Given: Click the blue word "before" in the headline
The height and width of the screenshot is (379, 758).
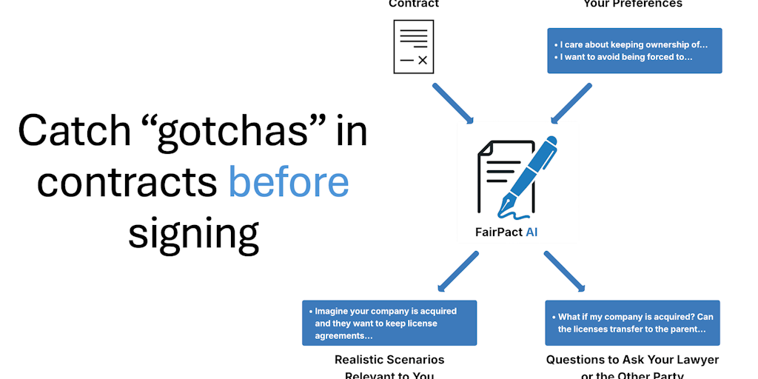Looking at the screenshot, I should (x=288, y=182).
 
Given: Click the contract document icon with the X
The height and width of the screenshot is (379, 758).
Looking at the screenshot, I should (x=414, y=47).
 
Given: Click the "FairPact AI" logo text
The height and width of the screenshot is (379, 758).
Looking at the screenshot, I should (x=506, y=232).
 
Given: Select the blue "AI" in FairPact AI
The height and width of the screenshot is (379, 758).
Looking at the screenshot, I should (x=531, y=232).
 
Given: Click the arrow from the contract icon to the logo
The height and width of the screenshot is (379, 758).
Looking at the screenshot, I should (x=452, y=103).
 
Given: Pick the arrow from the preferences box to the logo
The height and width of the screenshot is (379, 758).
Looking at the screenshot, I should (x=571, y=103).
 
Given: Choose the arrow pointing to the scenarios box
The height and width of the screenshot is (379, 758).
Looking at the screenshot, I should (x=457, y=271).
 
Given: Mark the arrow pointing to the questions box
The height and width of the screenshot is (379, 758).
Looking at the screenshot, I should (x=565, y=271).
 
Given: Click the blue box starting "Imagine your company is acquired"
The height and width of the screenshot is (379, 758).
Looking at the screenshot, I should (x=389, y=323).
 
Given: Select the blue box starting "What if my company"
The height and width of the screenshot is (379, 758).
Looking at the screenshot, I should (x=633, y=323).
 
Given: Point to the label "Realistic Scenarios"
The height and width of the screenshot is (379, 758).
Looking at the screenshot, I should (x=389, y=360).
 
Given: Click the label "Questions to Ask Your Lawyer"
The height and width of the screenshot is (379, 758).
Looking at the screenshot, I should (x=633, y=360).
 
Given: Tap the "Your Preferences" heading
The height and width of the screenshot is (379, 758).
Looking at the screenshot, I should (x=633, y=4).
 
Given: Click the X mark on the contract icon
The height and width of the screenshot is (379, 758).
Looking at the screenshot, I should (x=422, y=60).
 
